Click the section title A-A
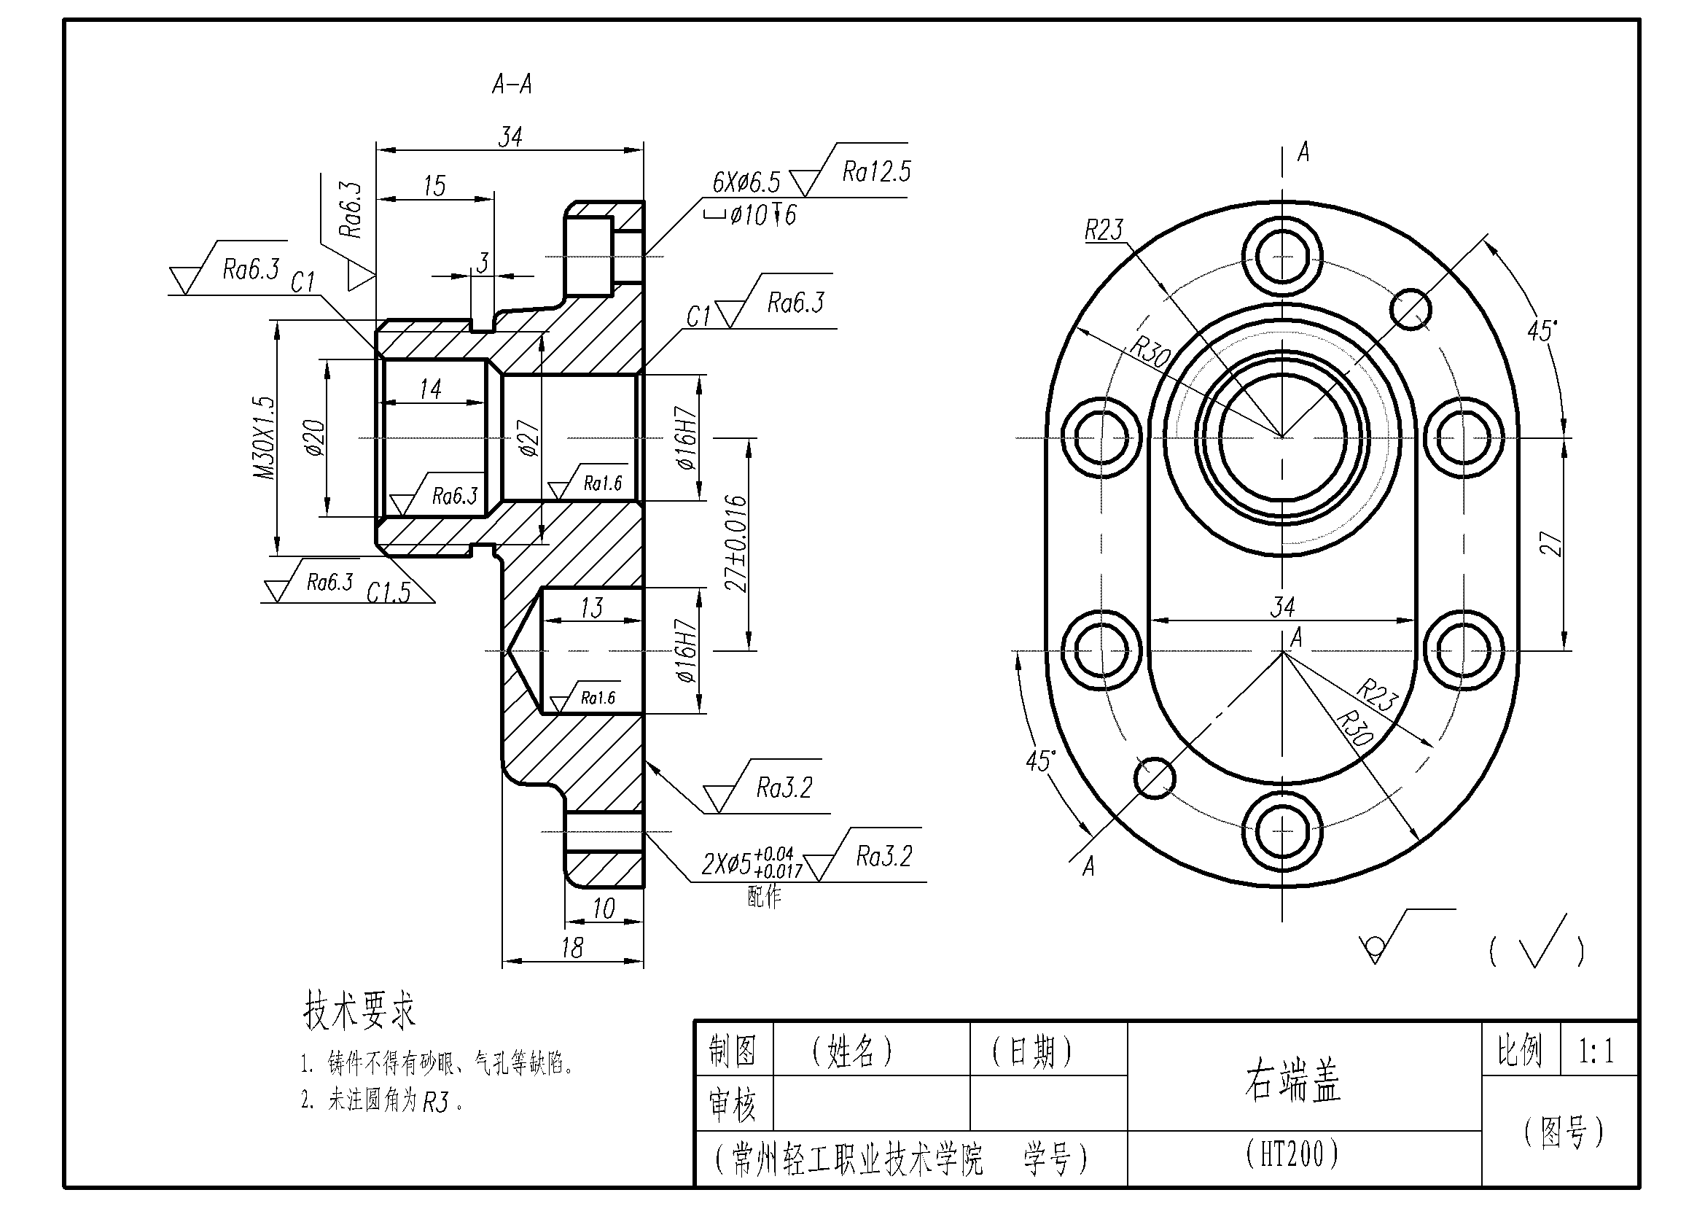[512, 85]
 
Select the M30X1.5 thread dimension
[265, 438]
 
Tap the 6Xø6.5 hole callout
[746, 182]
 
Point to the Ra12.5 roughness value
[875, 172]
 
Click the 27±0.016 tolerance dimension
[736, 544]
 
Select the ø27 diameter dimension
[528, 438]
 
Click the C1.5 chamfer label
[389, 592]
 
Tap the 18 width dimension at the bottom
[571, 949]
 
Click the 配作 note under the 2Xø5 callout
[764, 897]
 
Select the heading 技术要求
[359, 1011]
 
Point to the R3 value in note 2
[436, 1102]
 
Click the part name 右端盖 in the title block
[1293, 1081]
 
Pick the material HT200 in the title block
[1293, 1154]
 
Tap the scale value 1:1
[1596, 1051]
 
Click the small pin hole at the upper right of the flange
[1411, 309]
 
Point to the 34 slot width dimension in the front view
[1282, 607]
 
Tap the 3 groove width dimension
[483, 263]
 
